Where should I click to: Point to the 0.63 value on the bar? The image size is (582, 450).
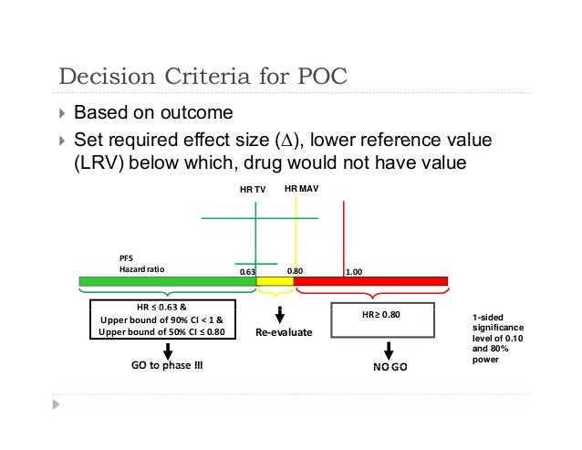246,271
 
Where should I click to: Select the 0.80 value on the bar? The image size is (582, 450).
295,271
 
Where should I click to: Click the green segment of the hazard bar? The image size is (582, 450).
166,282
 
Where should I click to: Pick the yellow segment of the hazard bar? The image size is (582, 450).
275,282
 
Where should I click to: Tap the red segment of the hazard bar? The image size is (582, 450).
369,282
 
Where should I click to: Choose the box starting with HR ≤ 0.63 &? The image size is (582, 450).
161,319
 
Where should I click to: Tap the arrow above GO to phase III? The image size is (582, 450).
168,351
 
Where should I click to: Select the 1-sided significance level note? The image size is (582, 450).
497,339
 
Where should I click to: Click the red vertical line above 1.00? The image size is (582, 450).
343,237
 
